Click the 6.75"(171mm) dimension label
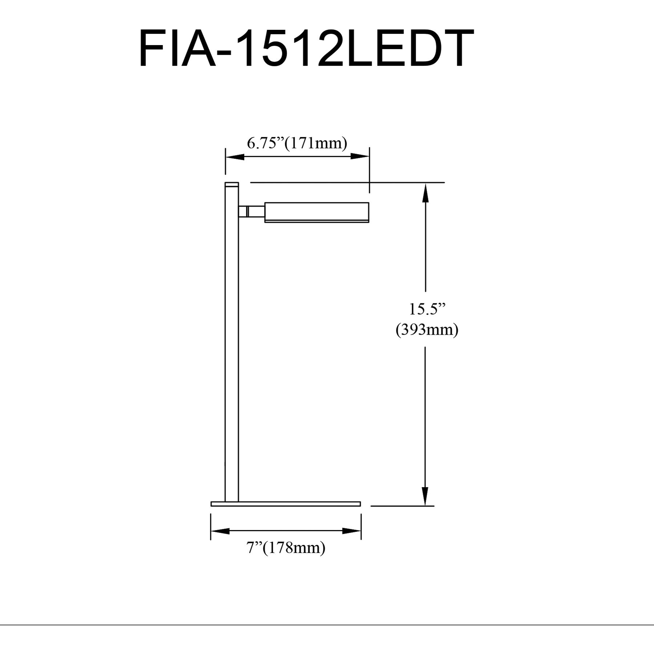click(297, 143)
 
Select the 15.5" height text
click(427, 309)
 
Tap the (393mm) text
click(427, 330)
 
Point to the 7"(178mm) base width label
click(286, 547)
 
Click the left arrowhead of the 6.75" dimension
click(235, 157)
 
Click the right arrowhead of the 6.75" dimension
click(360, 157)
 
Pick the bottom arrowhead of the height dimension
click(425, 496)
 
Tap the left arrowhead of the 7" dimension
click(220, 531)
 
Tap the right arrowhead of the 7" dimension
click(351, 531)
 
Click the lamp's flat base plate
click(286, 504)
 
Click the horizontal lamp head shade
click(316, 211)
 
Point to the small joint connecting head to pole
click(251, 211)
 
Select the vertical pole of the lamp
click(232, 345)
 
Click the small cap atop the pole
click(232, 184)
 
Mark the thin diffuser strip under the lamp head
click(316, 221)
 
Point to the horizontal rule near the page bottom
click(327, 625)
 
